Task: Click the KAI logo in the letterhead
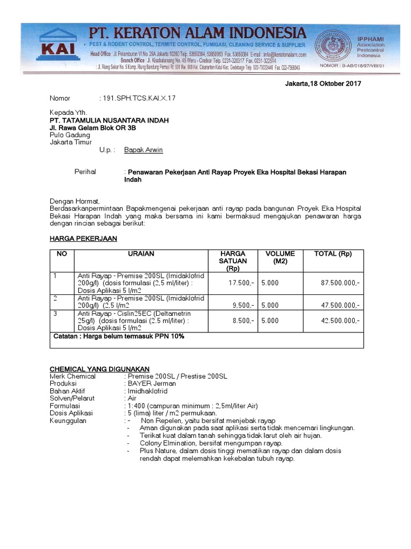point(55,49)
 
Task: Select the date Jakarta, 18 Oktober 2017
point(323,84)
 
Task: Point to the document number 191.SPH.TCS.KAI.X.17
point(139,98)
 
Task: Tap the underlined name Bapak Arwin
point(143,150)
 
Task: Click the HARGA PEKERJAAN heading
point(83,238)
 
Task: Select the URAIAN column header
point(141,254)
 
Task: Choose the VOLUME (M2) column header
point(276,257)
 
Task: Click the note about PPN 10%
point(119,336)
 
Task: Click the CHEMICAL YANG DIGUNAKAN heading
point(100,369)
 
